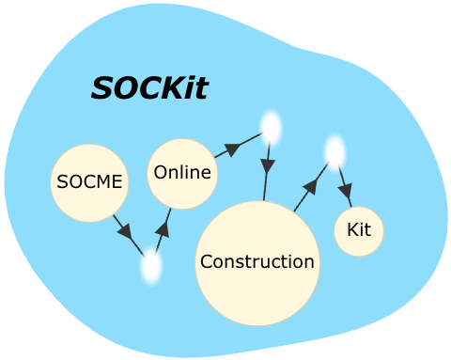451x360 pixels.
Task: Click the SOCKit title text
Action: click(148, 87)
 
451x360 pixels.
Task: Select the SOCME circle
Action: click(89, 182)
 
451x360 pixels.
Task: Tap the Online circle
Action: click(182, 174)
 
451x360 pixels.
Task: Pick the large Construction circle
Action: click(257, 264)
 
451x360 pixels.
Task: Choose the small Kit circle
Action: click(359, 231)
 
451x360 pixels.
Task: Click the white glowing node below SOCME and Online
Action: click(150, 268)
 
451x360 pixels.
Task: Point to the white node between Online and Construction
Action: click(271, 127)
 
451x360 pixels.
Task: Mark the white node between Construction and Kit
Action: click(334, 151)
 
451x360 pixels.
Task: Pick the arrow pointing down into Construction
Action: click(267, 169)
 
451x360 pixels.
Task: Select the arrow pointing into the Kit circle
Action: click(343, 184)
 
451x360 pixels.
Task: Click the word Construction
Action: click(257, 261)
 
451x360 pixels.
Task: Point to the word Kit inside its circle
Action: click(359, 229)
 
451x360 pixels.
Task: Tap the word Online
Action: click(182, 172)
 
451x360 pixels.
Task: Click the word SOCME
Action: click(89, 182)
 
